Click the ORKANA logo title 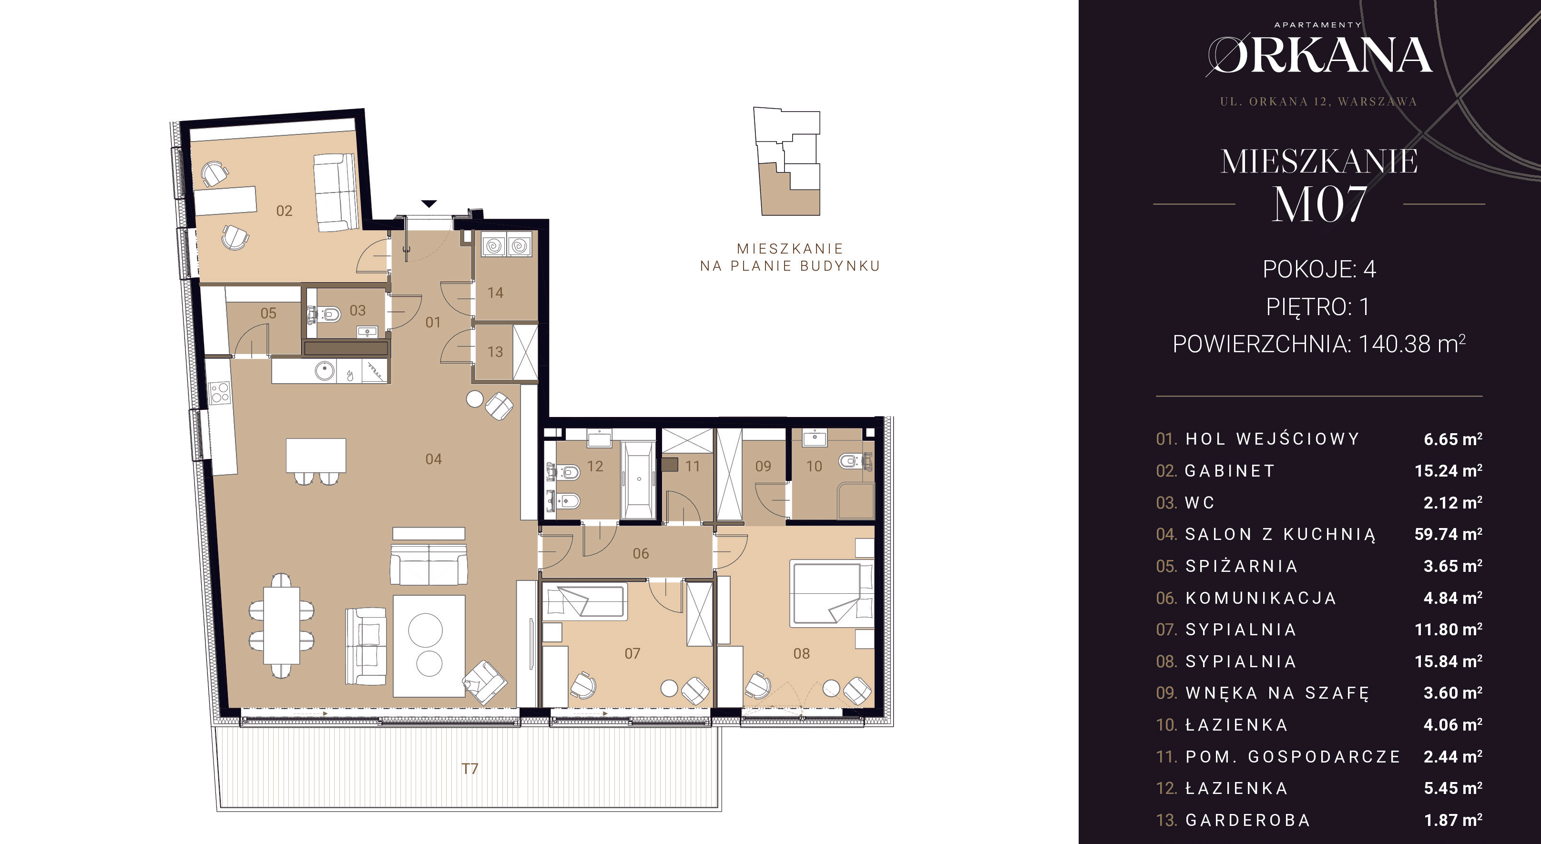1318,55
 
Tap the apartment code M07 1319,204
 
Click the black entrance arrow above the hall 429,203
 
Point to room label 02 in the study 284,211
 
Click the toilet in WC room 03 328,313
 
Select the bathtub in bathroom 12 638,480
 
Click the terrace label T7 469,769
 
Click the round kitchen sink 325,370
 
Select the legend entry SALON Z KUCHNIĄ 1280,534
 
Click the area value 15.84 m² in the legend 1448,661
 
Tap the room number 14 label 495,293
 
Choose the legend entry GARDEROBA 1248,820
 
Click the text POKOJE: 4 1319,270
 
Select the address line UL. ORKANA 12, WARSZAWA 1318,102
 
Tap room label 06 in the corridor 641,553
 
